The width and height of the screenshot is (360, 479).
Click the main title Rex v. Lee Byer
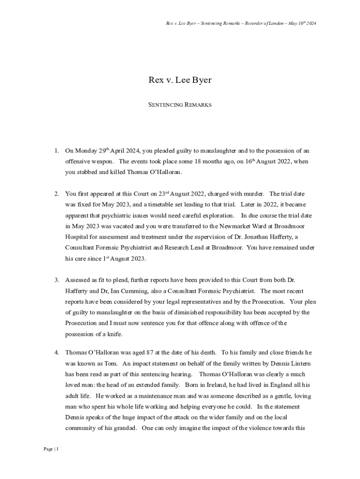[x=180, y=80]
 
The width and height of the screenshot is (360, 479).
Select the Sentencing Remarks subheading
[x=180, y=105]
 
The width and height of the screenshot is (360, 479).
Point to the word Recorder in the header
[x=253, y=23]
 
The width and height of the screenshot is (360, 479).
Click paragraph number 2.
[x=56, y=194]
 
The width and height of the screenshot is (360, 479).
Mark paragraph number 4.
[x=56, y=352]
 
